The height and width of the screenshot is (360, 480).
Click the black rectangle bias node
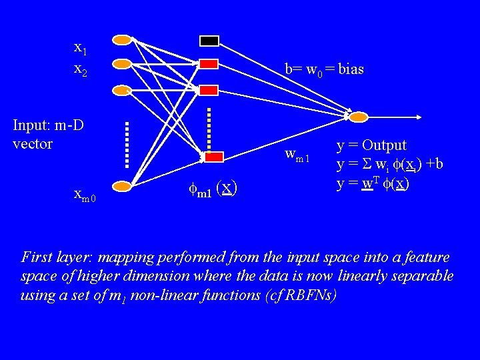[x=209, y=41]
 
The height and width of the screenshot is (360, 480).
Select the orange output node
[x=359, y=117]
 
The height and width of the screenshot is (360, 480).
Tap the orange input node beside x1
[x=122, y=40]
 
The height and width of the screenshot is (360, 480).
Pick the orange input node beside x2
[x=122, y=64]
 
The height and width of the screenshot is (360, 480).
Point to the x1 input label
[x=80, y=48]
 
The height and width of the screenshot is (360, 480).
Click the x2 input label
[x=80, y=69]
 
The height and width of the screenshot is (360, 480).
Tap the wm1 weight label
[x=297, y=155]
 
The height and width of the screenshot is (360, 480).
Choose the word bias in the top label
[x=351, y=69]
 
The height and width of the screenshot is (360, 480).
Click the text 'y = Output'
[x=371, y=145]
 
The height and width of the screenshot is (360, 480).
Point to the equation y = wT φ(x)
[x=373, y=182]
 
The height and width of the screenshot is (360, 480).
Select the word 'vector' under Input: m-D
[x=32, y=143]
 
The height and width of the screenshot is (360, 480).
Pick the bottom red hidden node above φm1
[x=213, y=157]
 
